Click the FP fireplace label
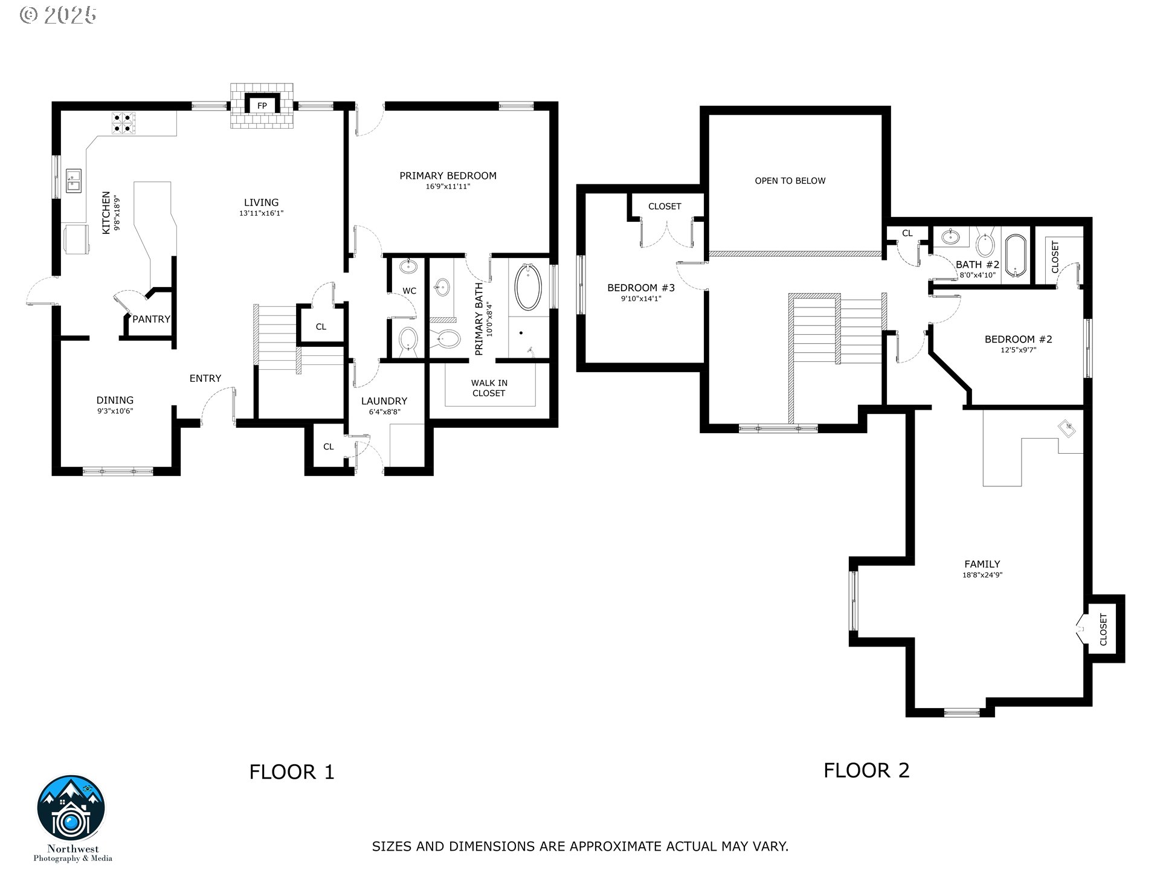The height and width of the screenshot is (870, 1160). pyautogui.click(x=262, y=106)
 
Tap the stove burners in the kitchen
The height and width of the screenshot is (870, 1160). pyautogui.click(x=124, y=123)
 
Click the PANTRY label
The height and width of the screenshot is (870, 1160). pyautogui.click(x=151, y=319)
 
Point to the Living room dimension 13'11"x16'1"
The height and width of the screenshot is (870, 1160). pyautogui.click(x=261, y=213)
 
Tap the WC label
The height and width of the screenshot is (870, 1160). pyautogui.click(x=409, y=291)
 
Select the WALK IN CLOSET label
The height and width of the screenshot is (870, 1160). pyautogui.click(x=489, y=388)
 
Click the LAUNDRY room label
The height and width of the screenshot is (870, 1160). pyautogui.click(x=384, y=401)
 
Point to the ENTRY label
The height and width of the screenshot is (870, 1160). pyautogui.click(x=205, y=378)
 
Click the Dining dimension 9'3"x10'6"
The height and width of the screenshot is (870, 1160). pyautogui.click(x=115, y=411)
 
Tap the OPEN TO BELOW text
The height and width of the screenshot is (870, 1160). pyautogui.click(x=790, y=181)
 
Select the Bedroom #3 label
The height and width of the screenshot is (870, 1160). pyautogui.click(x=640, y=288)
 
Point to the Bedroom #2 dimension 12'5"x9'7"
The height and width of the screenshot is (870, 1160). pyautogui.click(x=1018, y=350)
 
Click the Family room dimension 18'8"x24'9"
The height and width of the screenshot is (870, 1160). pyautogui.click(x=982, y=575)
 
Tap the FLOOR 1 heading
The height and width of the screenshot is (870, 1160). pyautogui.click(x=292, y=772)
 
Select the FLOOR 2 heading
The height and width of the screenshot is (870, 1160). pyautogui.click(x=866, y=770)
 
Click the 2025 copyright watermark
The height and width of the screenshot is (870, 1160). pyautogui.click(x=59, y=15)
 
